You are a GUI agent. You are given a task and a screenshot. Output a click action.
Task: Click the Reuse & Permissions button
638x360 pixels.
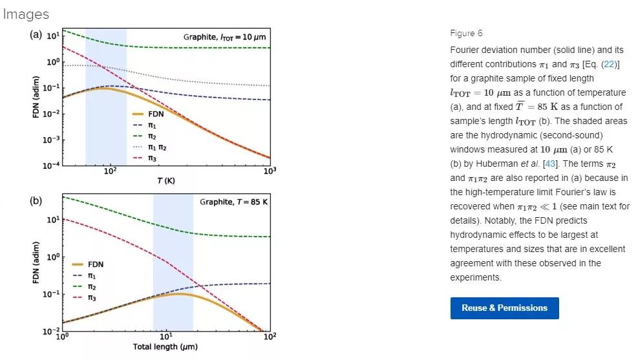[x=504, y=308]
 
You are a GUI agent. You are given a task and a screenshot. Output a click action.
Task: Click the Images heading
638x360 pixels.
[x=26, y=14]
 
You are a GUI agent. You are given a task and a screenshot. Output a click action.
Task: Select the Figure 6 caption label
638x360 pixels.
[x=465, y=34]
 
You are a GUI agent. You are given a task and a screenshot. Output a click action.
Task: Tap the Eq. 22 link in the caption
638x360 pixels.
[x=608, y=65]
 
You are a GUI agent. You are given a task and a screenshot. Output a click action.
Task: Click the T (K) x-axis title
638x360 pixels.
[x=166, y=180]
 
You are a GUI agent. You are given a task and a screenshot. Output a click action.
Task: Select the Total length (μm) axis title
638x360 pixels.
[x=165, y=347]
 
